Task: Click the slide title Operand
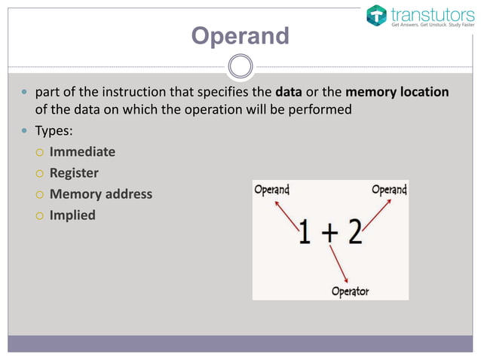click(x=240, y=35)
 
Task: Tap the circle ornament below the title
click(x=240, y=66)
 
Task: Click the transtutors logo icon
click(x=376, y=15)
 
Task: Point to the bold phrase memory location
click(x=397, y=92)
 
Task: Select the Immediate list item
click(x=82, y=151)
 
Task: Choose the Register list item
click(x=74, y=172)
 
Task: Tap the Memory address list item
click(x=100, y=194)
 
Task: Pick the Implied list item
click(x=72, y=215)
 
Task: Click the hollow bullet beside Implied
click(x=37, y=215)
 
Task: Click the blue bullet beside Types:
click(x=23, y=130)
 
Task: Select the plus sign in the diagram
click(x=329, y=233)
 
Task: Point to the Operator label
click(x=351, y=291)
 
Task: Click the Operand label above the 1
click(x=271, y=190)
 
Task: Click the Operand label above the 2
click(x=389, y=190)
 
